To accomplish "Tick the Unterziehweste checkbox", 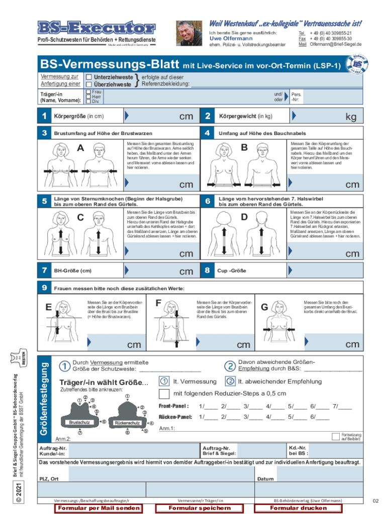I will [88, 77].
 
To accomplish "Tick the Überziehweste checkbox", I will [88, 84].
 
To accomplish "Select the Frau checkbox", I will [88, 92].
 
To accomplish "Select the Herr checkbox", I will [88, 97].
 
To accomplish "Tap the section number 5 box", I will [45, 201].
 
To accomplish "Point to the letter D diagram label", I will [244, 217].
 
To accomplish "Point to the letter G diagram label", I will [264, 306].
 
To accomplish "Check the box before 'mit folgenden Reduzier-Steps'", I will [164, 394].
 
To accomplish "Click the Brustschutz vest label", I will [79, 423].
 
